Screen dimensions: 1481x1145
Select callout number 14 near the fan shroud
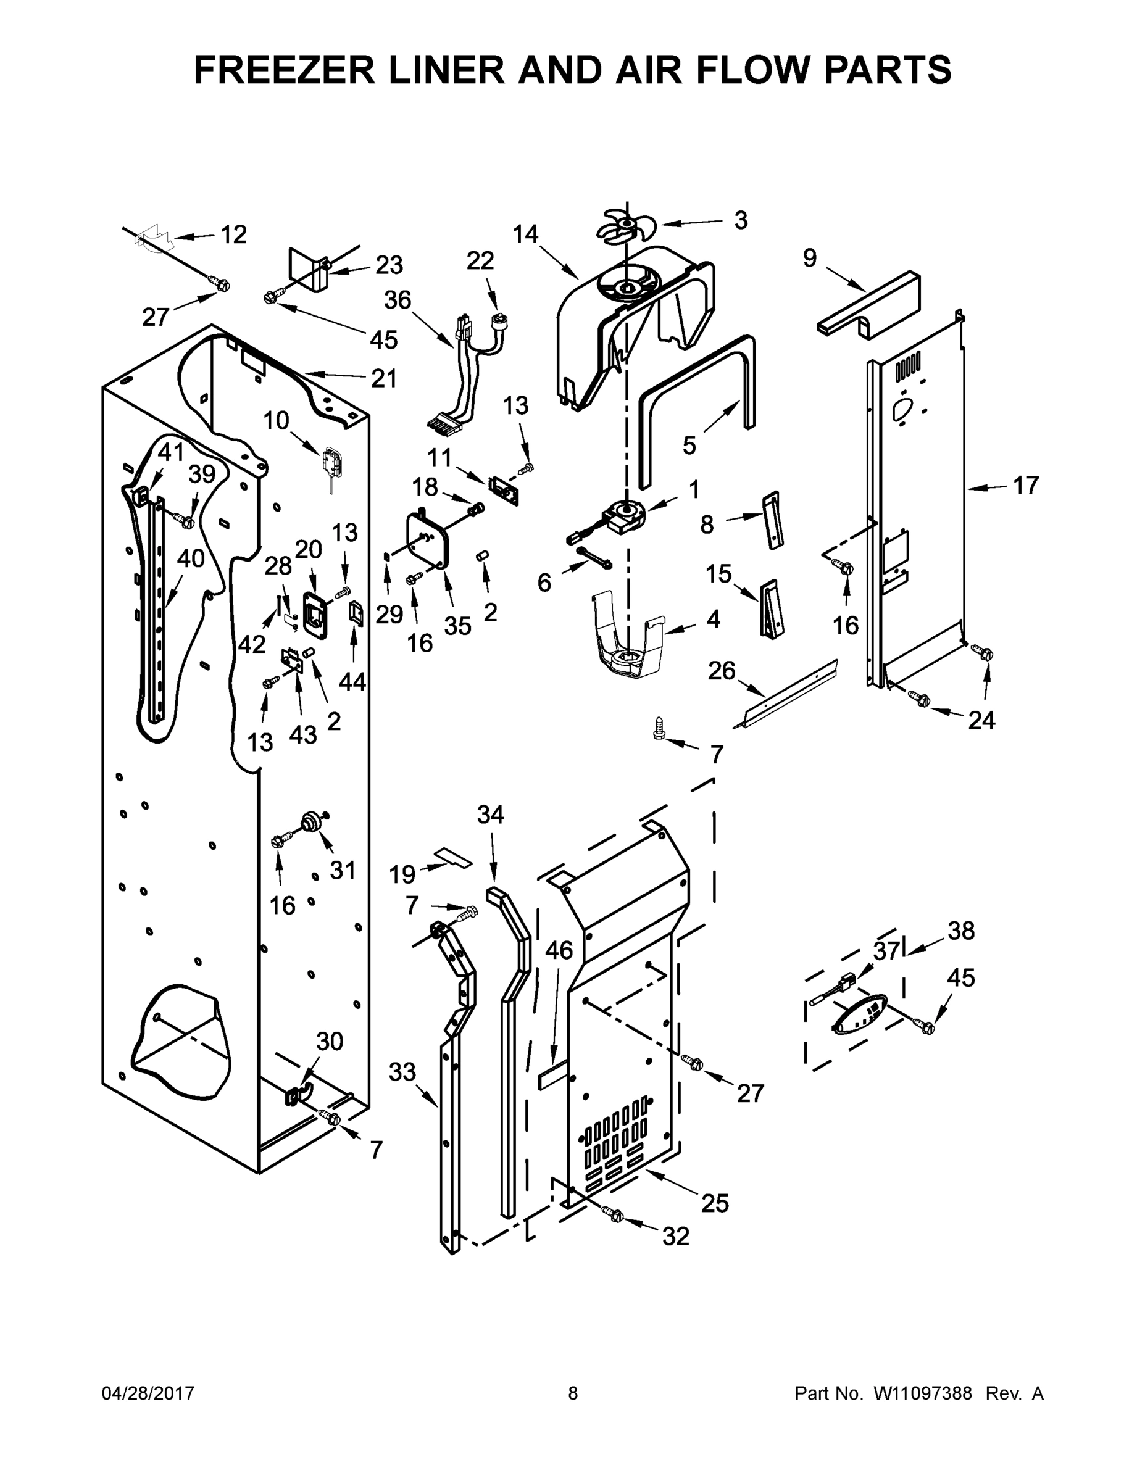(x=525, y=234)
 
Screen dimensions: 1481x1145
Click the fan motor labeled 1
(x=624, y=514)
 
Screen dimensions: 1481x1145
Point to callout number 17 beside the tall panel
(x=1026, y=486)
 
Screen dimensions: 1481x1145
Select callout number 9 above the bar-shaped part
(x=810, y=259)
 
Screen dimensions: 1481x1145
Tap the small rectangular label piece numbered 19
(x=453, y=858)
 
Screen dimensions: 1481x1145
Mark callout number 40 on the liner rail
(x=190, y=558)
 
